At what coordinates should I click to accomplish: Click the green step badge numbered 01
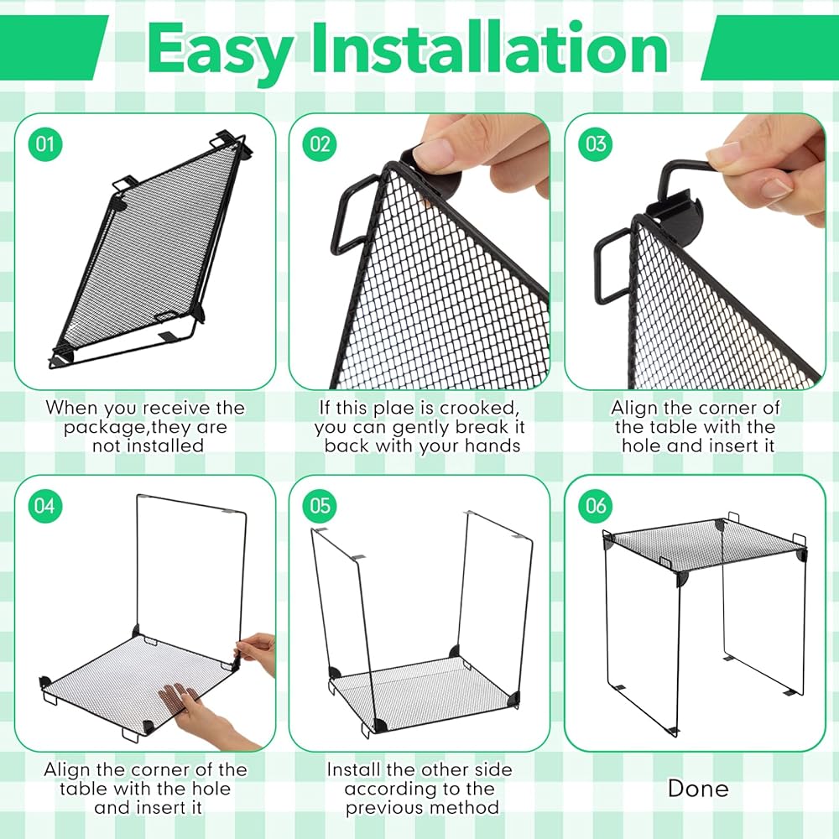pyautogui.click(x=45, y=144)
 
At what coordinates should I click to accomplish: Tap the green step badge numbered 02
pyautogui.click(x=320, y=144)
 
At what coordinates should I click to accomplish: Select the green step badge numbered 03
pyautogui.click(x=596, y=144)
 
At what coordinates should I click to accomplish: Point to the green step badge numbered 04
pyautogui.click(x=45, y=506)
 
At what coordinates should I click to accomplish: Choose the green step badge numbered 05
pyautogui.click(x=320, y=506)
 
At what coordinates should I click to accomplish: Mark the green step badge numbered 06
pyautogui.click(x=596, y=506)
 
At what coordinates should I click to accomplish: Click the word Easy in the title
pyautogui.click(x=219, y=52)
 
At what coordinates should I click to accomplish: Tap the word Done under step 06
pyautogui.click(x=698, y=788)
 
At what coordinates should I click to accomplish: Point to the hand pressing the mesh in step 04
pyautogui.click(x=201, y=714)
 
